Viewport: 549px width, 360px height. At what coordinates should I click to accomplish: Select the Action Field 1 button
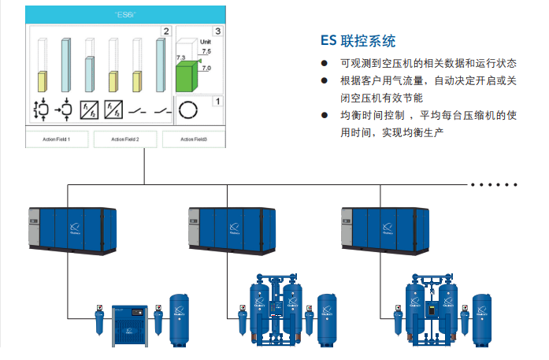coord(58,139)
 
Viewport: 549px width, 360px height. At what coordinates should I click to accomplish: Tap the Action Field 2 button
coord(125,139)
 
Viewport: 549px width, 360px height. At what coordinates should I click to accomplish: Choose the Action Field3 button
coord(193,139)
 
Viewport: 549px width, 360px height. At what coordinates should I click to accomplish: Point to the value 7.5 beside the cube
coord(206,51)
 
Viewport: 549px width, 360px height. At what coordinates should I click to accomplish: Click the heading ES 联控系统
coord(358,41)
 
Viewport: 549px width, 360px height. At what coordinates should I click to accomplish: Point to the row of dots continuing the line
coord(494,184)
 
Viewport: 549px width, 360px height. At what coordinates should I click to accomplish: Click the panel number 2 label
coord(165,32)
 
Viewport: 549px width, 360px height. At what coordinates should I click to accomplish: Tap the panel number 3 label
coord(217,32)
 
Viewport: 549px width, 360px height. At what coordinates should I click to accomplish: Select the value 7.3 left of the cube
coord(180,58)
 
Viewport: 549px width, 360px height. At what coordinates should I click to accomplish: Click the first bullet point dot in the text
coord(325,63)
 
